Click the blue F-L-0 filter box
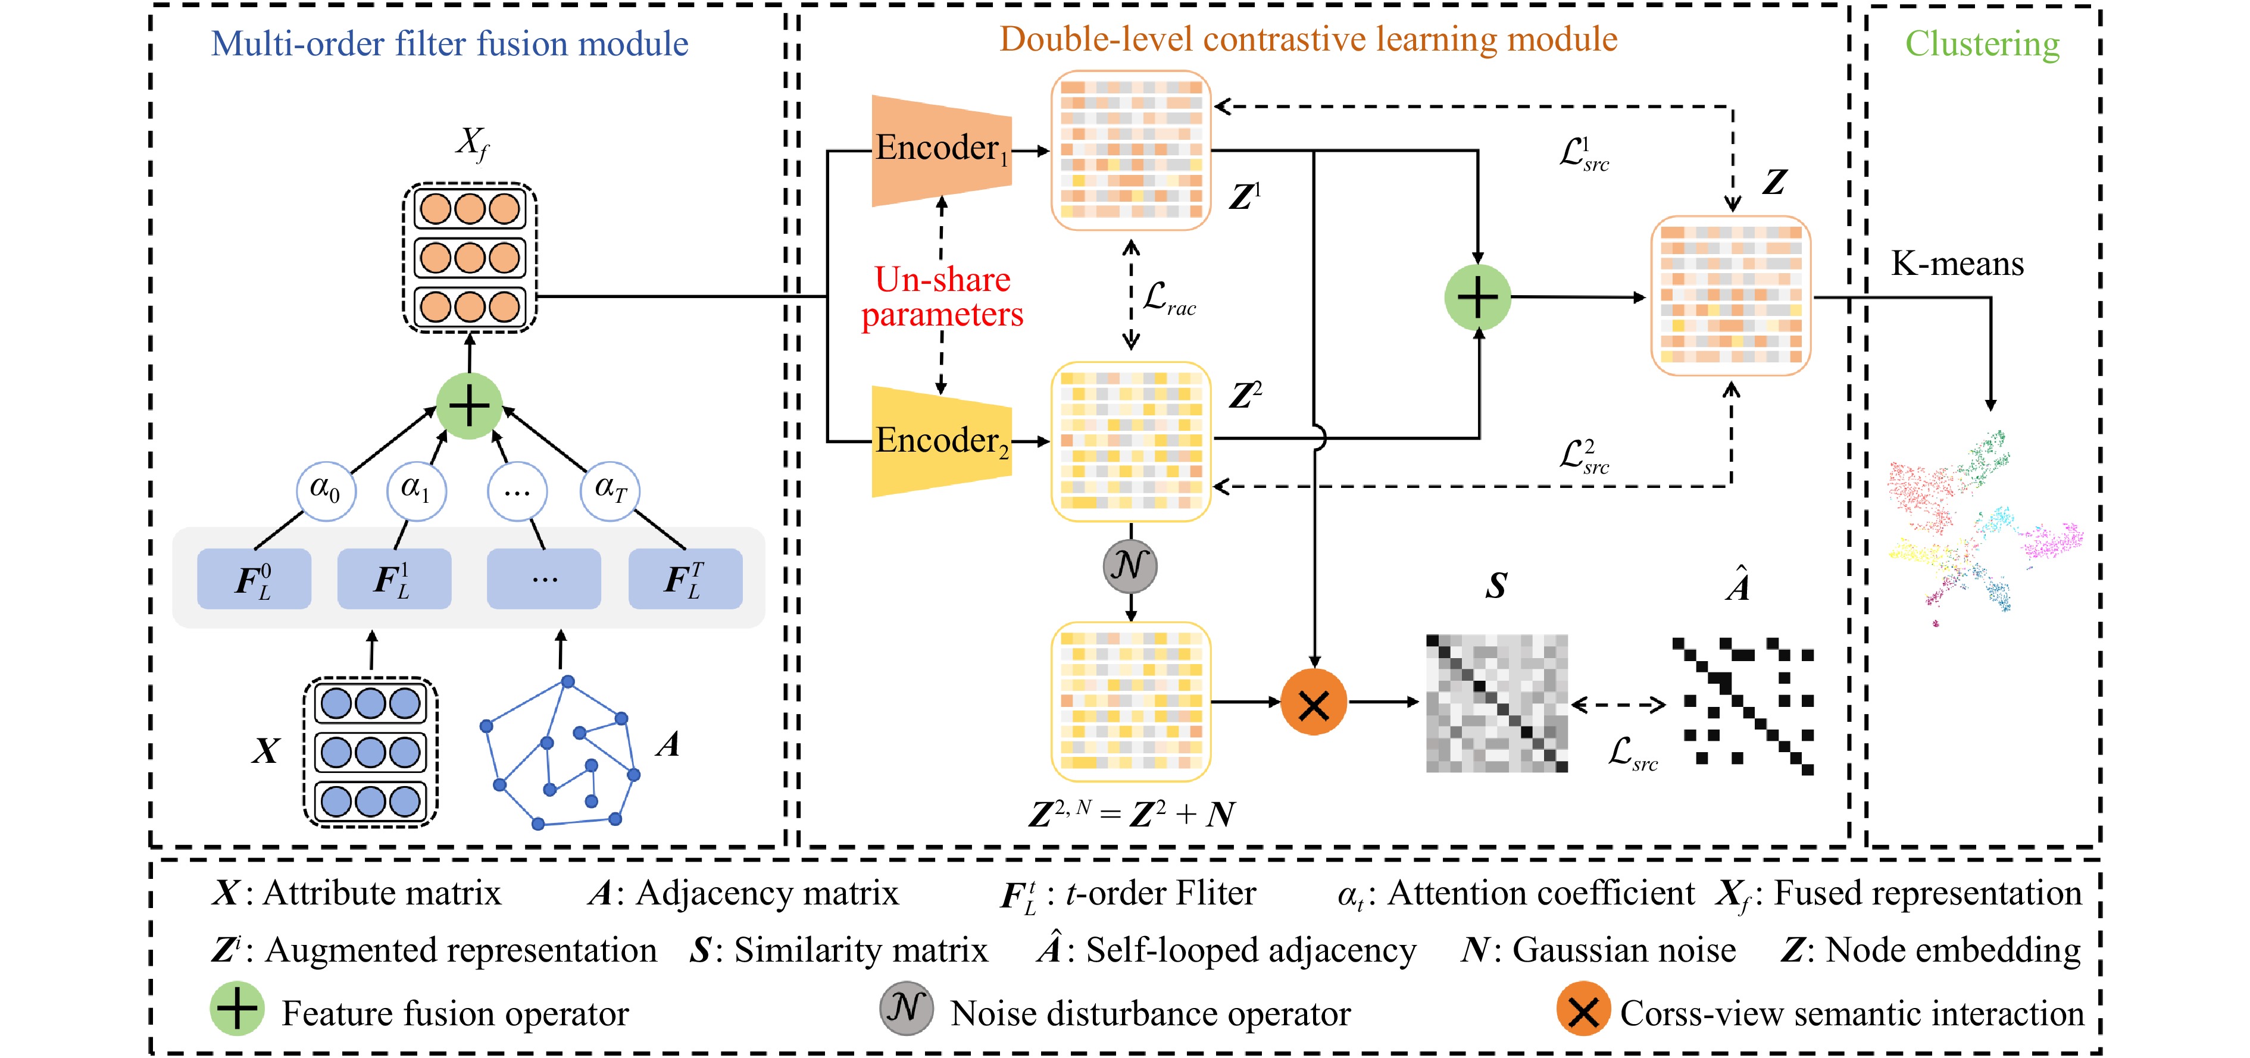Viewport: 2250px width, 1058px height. click(254, 579)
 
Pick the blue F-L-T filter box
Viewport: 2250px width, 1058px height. click(685, 579)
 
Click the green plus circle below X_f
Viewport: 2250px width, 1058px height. click(469, 406)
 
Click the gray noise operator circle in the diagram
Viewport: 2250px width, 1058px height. click(1130, 566)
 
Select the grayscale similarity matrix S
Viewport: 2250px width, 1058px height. click(1496, 703)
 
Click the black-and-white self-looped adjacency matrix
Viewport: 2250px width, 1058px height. click(1742, 705)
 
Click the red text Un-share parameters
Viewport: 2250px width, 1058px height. click(942, 297)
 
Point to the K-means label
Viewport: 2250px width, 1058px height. click(1957, 264)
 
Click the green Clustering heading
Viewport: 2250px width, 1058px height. click(1982, 43)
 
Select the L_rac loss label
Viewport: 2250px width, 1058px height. click(1168, 299)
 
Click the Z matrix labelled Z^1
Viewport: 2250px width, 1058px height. click(1130, 150)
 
